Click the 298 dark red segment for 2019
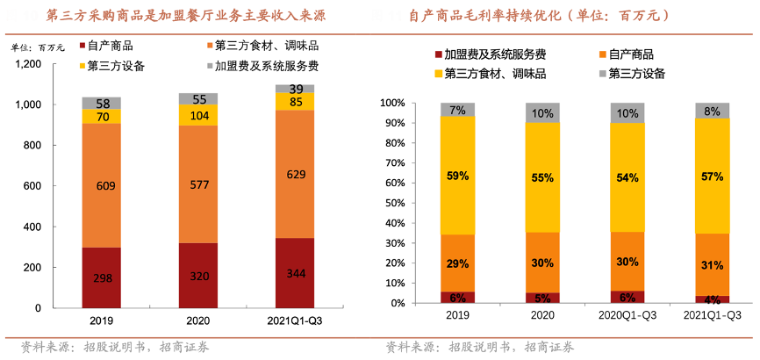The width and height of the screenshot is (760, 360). pos(103,277)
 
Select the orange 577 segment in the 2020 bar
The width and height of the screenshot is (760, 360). pos(199,184)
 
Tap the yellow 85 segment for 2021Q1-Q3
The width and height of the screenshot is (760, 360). pos(295,101)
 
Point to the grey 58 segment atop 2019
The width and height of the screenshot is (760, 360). pos(103,104)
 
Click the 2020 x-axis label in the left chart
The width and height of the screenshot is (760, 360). pos(199,321)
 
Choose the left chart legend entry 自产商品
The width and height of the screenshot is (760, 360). pos(109,45)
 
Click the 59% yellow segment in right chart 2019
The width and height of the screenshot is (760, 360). pos(457,175)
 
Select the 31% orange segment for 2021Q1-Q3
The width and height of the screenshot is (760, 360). pos(712,264)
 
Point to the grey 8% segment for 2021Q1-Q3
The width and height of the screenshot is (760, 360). pos(712,111)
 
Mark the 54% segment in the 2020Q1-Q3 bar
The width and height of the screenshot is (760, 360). pos(627,176)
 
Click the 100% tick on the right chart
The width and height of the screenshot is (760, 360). pos(391,103)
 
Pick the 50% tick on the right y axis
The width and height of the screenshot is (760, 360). pos(393,203)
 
